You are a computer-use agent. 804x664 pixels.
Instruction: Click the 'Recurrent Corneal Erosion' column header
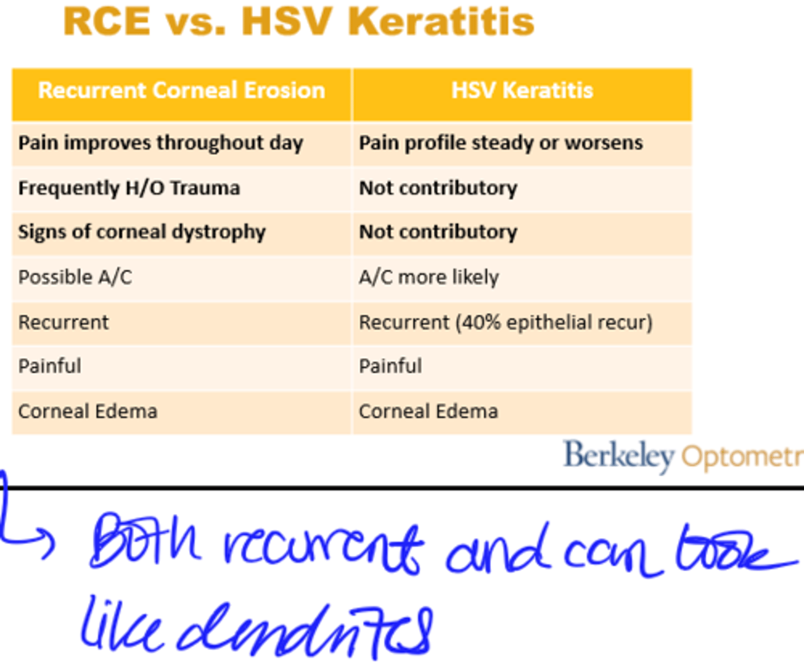(x=181, y=90)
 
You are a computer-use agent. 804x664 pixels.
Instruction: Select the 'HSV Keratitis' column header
(x=522, y=90)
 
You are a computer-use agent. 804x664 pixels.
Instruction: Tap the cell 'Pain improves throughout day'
(x=161, y=143)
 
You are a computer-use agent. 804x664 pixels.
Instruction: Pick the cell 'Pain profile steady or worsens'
(x=501, y=143)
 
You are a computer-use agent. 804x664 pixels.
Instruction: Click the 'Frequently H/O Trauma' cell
(x=129, y=188)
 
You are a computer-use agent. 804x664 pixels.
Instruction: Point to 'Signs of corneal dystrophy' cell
(x=142, y=232)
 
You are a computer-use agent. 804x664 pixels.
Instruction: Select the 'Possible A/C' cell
(x=75, y=277)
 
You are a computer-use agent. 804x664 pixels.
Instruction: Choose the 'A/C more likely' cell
(x=429, y=277)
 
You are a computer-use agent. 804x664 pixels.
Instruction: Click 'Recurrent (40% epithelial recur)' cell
(x=505, y=322)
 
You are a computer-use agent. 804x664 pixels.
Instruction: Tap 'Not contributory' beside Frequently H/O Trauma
(x=438, y=188)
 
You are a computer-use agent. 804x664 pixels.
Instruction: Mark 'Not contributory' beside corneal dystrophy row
(x=438, y=232)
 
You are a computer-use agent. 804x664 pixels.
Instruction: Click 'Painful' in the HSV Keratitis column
(x=390, y=366)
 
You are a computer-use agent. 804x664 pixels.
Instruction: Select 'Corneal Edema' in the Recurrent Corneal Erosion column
(x=88, y=412)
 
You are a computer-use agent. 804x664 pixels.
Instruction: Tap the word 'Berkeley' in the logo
(x=619, y=456)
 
